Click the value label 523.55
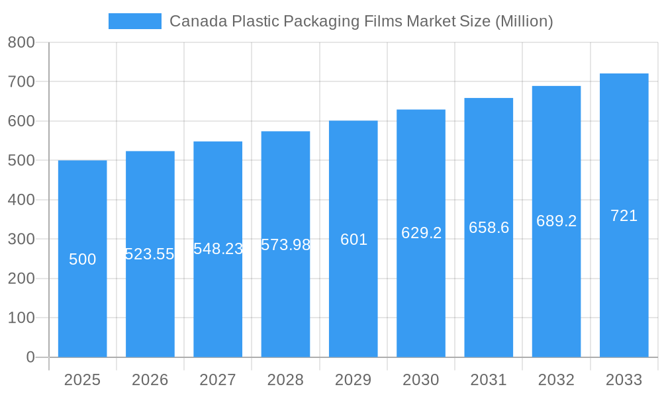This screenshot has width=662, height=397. [x=150, y=254]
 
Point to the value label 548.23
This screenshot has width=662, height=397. [x=218, y=249]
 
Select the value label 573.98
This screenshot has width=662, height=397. [x=285, y=245]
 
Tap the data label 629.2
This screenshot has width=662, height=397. [x=421, y=233]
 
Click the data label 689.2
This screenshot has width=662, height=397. [x=556, y=221]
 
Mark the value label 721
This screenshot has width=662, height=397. [x=624, y=216]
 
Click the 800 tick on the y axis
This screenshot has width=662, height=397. [x=21, y=42]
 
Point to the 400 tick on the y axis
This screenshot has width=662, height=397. [x=21, y=200]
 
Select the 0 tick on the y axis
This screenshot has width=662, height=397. [x=30, y=357]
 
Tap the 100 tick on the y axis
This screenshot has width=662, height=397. [x=21, y=318]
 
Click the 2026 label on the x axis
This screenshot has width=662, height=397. [x=150, y=380]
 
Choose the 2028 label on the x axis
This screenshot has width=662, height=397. [x=285, y=380]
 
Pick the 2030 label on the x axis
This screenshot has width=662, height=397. [x=421, y=380]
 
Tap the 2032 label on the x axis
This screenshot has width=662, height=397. [x=556, y=380]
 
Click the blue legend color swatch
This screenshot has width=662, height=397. [x=135, y=21]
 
